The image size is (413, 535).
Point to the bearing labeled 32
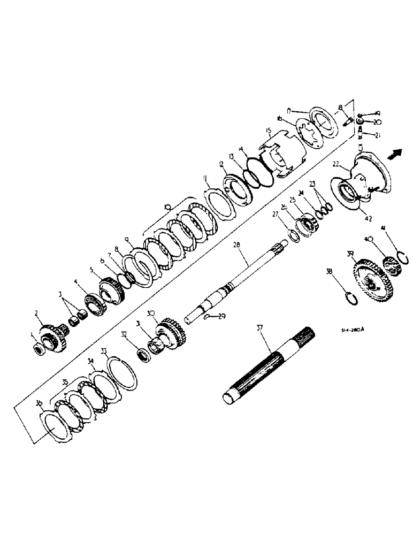(144, 354)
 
